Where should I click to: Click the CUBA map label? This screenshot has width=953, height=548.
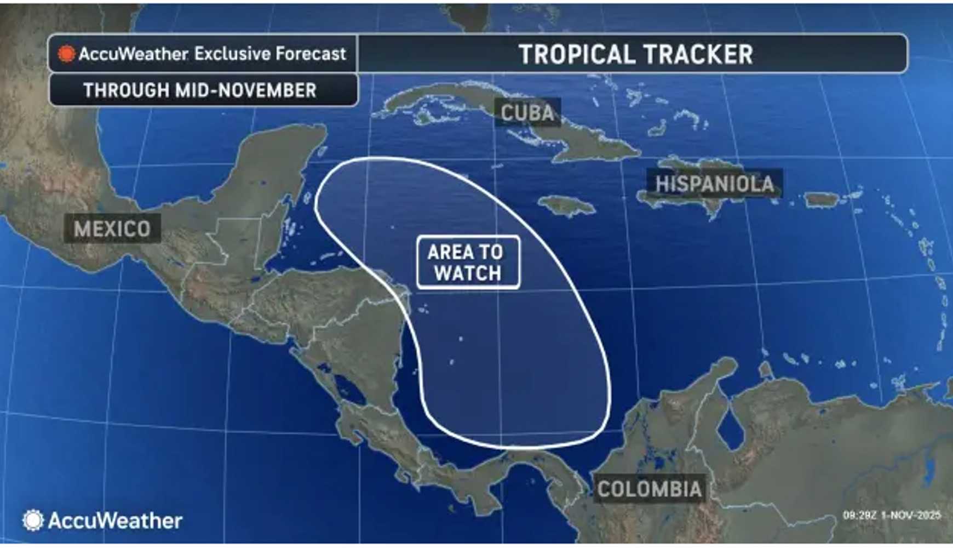point(527,113)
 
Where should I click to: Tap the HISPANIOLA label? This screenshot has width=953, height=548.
point(714,184)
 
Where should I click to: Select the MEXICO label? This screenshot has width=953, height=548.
point(112,229)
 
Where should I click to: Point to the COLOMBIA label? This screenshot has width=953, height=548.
point(649,489)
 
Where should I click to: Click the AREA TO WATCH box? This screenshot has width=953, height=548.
point(468,262)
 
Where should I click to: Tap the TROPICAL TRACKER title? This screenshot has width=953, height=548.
point(635,54)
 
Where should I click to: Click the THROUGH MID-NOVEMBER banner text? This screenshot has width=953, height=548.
point(200,90)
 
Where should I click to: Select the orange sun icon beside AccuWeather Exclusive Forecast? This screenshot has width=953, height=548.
point(66,54)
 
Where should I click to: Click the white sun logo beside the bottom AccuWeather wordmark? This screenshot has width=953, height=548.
point(33,520)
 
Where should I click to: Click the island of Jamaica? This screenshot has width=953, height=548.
point(567,206)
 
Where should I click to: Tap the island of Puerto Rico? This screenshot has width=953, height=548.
point(821,199)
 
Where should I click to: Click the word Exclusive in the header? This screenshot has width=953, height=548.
point(232,54)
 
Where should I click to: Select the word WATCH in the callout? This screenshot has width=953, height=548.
point(468,273)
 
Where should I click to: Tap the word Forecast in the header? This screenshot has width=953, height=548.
point(311,54)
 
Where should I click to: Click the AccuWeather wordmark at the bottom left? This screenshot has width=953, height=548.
point(115,521)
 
